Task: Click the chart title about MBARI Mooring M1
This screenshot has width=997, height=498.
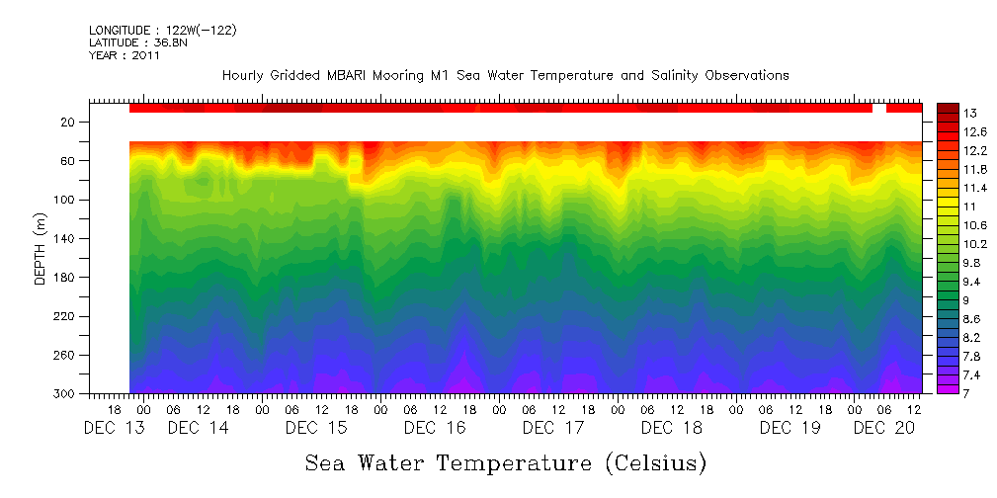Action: (x=505, y=75)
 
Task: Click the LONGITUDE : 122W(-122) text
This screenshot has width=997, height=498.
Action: (x=162, y=31)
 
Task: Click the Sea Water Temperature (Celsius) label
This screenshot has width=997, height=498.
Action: (x=505, y=462)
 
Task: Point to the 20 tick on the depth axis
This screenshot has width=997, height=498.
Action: (x=69, y=122)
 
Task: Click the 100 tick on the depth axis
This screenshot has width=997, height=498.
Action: (x=66, y=200)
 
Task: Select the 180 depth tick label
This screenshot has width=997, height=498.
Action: (x=66, y=278)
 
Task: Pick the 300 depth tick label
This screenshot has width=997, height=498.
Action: (x=66, y=394)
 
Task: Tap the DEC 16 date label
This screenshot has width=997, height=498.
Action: (x=435, y=428)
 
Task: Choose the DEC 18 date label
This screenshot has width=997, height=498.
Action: (x=672, y=428)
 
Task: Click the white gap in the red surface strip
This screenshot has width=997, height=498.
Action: (x=878, y=108)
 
